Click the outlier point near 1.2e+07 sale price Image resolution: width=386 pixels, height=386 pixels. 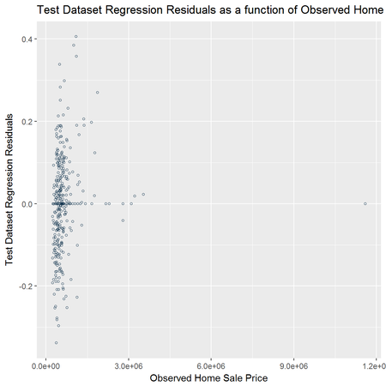tap(365, 203)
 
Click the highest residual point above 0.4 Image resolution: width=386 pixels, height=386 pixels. tap(76, 37)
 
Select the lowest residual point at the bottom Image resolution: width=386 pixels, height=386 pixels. tap(57, 342)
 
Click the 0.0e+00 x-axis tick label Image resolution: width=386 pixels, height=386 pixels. tap(46, 366)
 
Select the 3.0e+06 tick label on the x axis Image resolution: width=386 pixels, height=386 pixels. tap(129, 366)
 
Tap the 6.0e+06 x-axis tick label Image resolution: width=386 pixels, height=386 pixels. tap(211, 366)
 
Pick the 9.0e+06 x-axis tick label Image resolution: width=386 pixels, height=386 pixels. tap(293, 366)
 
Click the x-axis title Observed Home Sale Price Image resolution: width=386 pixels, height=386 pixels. tap(208, 378)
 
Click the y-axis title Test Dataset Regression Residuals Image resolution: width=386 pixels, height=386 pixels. tap(9, 190)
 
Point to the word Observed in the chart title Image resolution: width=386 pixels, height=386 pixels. tap(325, 10)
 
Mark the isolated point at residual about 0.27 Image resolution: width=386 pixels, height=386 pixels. tap(98, 93)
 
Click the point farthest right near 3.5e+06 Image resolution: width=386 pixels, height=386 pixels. tap(143, 195)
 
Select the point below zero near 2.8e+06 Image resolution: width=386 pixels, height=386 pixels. tap(123, 220)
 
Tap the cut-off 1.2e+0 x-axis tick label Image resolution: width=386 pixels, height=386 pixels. tap(374, 366)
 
